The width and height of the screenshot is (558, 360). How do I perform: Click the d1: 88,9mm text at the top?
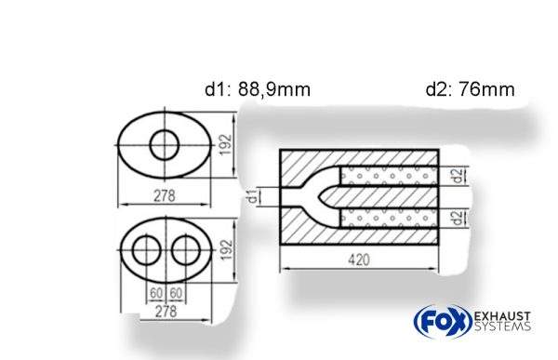coord(258,90)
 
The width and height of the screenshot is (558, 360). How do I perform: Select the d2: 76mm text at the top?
coord(470,90)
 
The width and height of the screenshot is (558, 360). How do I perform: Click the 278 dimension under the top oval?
coord(167,196)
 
